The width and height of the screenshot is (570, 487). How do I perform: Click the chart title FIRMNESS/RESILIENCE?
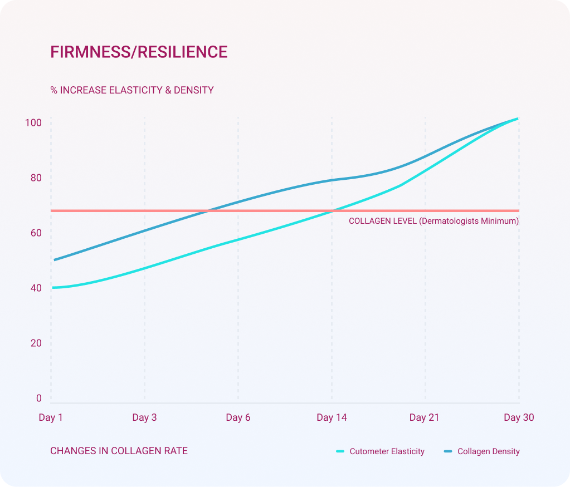(139, 52)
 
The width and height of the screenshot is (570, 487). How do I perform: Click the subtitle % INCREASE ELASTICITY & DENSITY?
(132, 90)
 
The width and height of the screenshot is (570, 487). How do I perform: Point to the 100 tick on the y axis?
(33, 123)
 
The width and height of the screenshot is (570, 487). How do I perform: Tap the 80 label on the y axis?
(36, 178)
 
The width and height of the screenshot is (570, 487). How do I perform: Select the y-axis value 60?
(36, 233)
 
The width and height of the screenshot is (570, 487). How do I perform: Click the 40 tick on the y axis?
(36, 288)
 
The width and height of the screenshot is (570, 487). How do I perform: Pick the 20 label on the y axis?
(36, 343)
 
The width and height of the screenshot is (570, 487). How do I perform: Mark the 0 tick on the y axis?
(39, 399)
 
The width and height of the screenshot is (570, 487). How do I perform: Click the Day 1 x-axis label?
(51, 418)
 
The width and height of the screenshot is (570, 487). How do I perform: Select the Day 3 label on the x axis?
(144, 418)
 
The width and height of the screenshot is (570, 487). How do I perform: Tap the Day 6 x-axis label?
(238, 418)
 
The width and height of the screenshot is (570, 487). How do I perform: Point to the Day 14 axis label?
(332, 418)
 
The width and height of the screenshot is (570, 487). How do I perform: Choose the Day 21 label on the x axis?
(425, 418)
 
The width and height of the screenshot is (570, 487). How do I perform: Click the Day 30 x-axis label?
(519, 418)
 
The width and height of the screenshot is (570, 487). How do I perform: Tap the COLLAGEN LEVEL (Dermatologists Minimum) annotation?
(433, 221)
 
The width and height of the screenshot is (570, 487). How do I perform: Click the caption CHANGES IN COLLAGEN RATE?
(119, 451)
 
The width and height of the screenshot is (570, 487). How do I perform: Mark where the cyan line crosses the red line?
(333, 211)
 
